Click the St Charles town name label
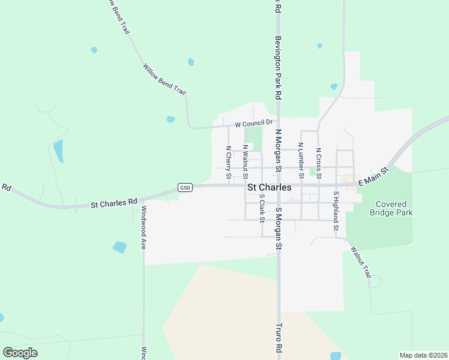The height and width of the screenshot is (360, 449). pos(270,187)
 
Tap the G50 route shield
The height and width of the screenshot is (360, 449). pos(185,188)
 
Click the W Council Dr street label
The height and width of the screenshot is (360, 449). pos(250,124)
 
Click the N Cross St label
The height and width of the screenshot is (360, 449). pos(318,163)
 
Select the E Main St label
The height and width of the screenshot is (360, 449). pos(373,178)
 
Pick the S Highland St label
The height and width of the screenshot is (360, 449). pos(336,211)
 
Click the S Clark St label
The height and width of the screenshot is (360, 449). pos(262,207)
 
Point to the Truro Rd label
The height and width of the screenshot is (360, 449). pos(279,339)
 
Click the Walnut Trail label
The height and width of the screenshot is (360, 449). pos(361,260)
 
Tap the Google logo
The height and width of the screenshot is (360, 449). pos(20,353)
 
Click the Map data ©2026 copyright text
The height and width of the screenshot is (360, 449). pos(423,355)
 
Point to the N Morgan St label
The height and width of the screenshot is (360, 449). pos(278,150)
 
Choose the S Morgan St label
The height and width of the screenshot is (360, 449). pos(278,228)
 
